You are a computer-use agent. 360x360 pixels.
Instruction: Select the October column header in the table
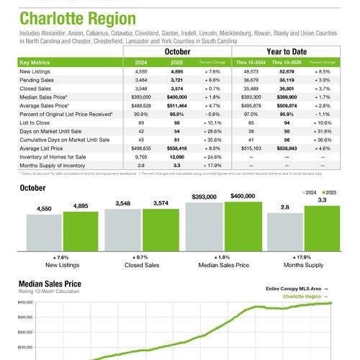tap(177, 53)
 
